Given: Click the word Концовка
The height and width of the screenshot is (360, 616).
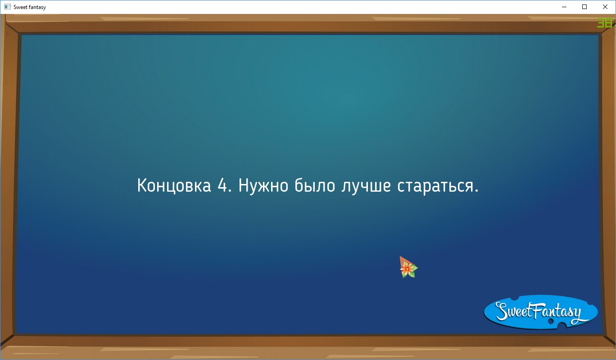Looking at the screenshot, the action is click(x=174, y=186).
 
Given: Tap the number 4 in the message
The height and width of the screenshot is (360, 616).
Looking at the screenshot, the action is click(x=222, y=185).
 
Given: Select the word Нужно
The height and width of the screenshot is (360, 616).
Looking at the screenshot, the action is click(x=263, y=186).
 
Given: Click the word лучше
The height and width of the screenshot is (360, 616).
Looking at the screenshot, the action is click(x=366, y=186).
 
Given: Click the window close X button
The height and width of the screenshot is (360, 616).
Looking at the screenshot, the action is click(x=605, y=7).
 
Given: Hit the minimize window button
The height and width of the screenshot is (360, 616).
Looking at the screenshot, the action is click(x=564, y=7).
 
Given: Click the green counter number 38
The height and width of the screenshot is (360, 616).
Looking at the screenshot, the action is click(x=604, y=23).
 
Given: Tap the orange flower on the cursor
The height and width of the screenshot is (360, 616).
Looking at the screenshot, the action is click(x=408, y=269).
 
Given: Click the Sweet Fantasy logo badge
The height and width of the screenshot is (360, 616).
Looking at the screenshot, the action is click(x=541, y=312).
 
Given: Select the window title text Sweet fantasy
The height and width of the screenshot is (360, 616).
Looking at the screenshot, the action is click(x=30, y=7).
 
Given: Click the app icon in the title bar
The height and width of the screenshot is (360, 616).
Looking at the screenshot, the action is click(x=7, y=7).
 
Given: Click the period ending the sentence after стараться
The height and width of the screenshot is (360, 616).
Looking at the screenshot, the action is click(x=476, y=190).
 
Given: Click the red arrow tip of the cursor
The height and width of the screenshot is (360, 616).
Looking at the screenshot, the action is click(x=400, y=256).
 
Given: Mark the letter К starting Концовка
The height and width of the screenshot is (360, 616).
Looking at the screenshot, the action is click(x=142, y=185).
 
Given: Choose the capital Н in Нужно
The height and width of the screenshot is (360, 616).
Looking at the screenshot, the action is click(x=244, y=185).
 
